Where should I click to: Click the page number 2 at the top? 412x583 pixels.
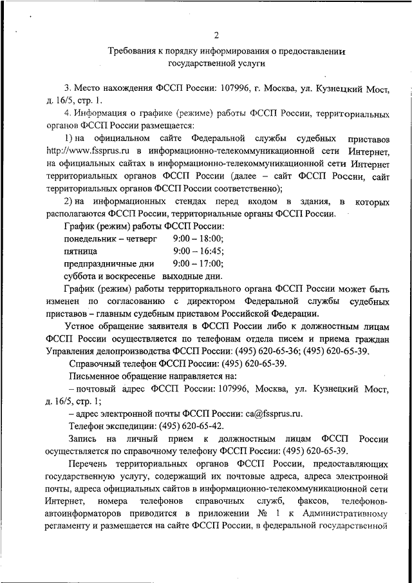click(x=217, y=35)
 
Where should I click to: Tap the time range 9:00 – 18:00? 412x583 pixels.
click(x=198, y=239)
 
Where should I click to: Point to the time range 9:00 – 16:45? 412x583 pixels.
click(x=198, y=251)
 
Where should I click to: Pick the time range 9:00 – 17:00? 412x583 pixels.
click(x=198, y=263)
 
